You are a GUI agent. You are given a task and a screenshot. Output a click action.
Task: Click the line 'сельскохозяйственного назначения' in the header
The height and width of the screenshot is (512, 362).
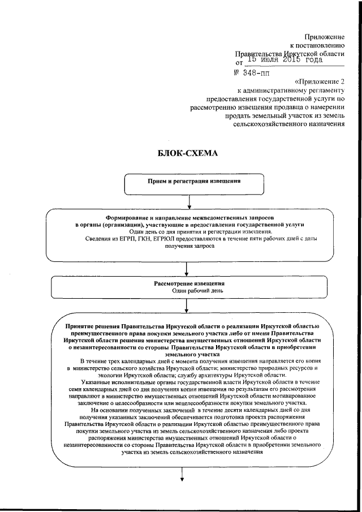click(x=289, y=126)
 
